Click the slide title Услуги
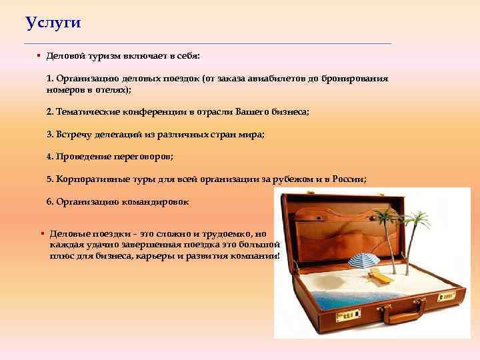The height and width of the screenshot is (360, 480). (53, 23)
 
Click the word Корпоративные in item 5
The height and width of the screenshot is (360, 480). (87, 179)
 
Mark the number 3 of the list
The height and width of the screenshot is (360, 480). (49, 134)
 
